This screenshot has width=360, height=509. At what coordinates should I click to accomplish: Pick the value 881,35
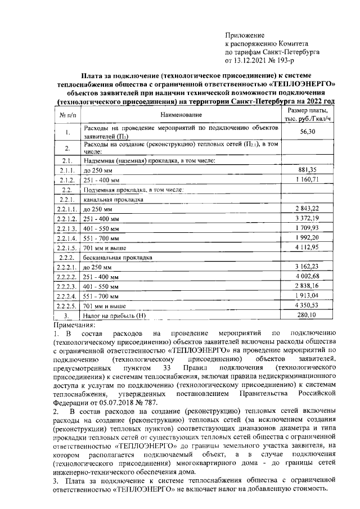[307, 169]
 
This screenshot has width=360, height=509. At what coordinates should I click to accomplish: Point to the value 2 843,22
[307, 208]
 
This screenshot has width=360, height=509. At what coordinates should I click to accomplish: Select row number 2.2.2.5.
[67, 305]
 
